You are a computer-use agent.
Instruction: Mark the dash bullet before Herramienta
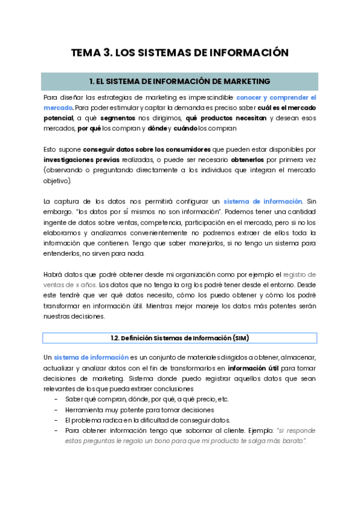tap(56, 409)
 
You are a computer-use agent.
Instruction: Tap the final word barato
tap(290, 441)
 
